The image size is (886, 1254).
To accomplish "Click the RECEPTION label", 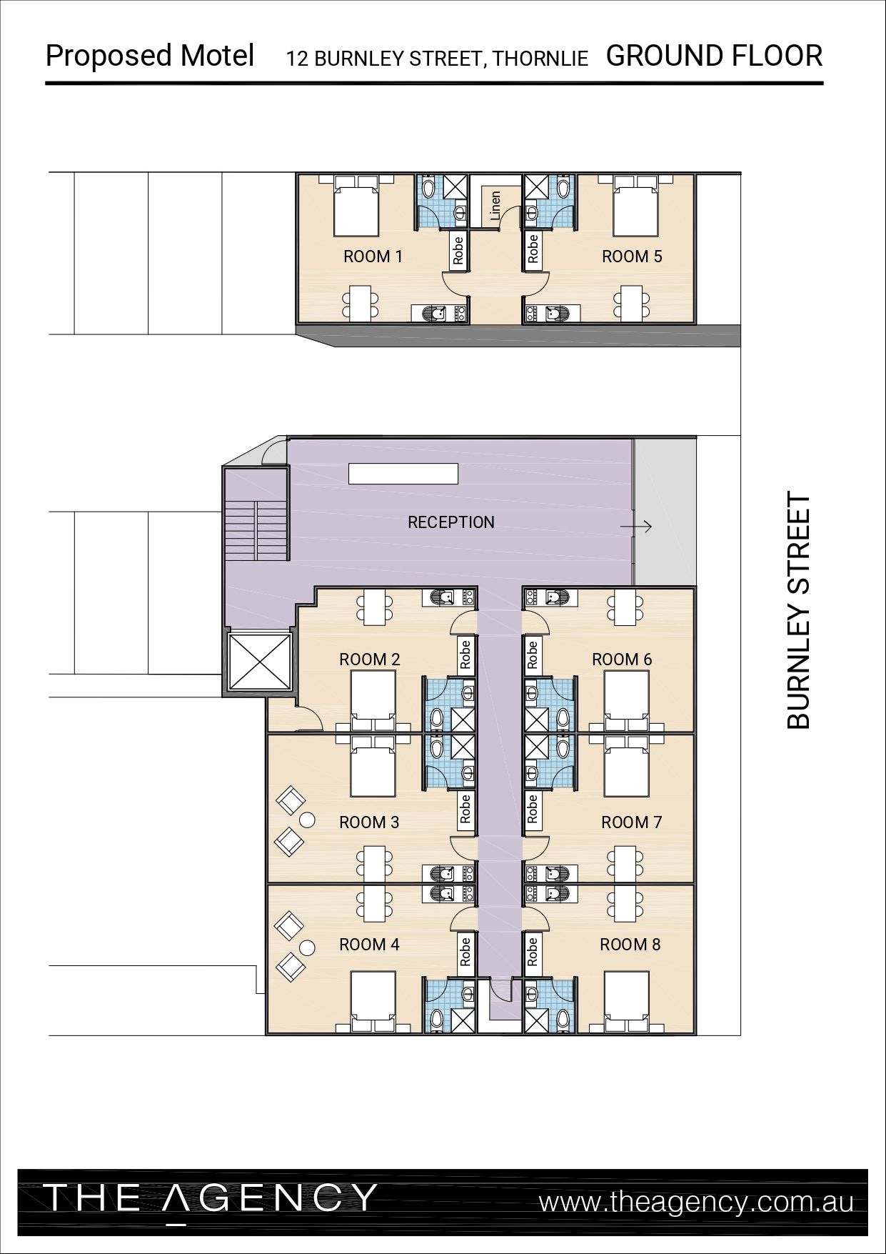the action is (x=450, y=522).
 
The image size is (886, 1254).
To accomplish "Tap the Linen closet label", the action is (x=495, y=206).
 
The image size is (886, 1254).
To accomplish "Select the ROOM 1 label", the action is (x=373, y=257).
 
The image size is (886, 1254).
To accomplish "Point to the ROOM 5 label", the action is (x=632, y=257).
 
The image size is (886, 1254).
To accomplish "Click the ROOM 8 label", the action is (x=630, y=945).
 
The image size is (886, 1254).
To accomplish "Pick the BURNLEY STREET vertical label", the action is (x=799, y=609).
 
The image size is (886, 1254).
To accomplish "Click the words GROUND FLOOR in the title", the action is (x=714, y=56).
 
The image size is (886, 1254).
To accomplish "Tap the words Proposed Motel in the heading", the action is (x=150, y=56).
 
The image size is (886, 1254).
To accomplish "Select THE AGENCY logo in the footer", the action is (x=210, y=1198).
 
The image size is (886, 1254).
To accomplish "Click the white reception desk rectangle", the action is (x=403, y=474).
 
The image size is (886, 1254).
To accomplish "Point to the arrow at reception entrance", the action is (x=636, y=527).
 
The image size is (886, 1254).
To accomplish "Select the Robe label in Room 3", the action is (x=465, y=807).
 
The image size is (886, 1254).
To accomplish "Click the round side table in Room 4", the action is (x=307, y=948).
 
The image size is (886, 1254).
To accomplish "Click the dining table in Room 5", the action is (x=632, y=302).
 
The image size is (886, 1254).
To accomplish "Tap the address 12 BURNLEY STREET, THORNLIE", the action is (x=438, y=59).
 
